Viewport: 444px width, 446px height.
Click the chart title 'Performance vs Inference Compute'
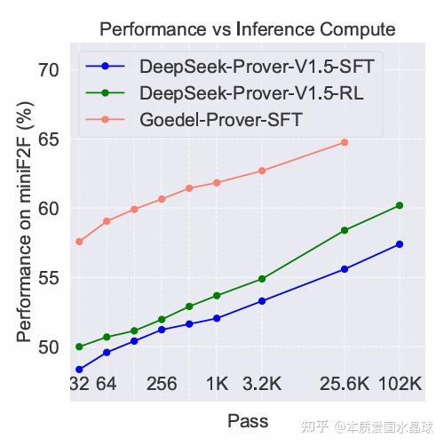tap(248, 29)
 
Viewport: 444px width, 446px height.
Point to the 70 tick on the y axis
tap(49, 70)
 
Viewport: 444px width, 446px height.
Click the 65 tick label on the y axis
tap(49, 139)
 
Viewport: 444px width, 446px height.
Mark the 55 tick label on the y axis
tap(49, 278)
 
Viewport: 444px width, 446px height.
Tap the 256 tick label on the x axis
tap(162, 384)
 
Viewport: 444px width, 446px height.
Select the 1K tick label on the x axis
tap(217, 384)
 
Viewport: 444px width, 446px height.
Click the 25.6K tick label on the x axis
tap(345, 384)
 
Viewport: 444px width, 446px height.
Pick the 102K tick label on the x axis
tap(400, 384)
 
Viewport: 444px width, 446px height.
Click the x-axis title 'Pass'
tap(248, 421)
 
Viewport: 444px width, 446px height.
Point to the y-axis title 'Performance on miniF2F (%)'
tap(24, 222)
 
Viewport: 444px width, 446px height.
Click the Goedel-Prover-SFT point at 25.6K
tap(345, 142)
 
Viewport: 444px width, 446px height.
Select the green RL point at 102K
tap(400, 205)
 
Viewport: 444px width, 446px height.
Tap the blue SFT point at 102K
tap(400, 244)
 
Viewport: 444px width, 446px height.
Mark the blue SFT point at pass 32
tap(79, 370)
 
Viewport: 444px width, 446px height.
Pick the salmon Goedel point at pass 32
tap(79, 242)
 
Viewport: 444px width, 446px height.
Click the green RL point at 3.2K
tap(262, 279)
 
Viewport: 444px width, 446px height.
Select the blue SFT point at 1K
tap(217, 318)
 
